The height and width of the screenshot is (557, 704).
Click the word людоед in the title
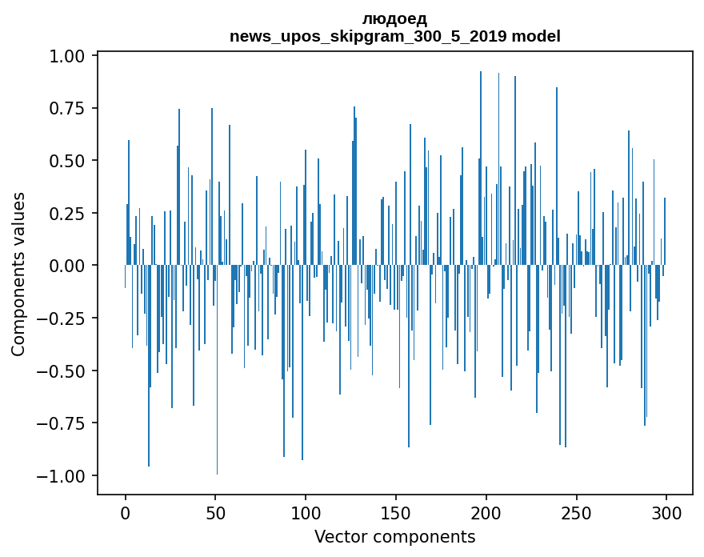click(x=394, y=18)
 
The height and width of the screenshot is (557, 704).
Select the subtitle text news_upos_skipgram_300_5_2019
click(x=368, y=36)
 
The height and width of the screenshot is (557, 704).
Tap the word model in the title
click(x=536, y=36)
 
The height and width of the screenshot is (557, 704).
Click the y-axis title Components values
click(x=18, y=274)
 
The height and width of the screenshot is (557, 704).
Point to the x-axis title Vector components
click(x=394, y=537)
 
